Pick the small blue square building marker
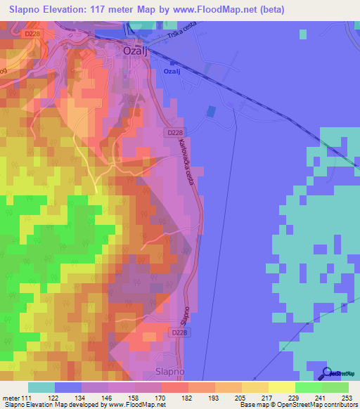(x=210, y=111)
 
